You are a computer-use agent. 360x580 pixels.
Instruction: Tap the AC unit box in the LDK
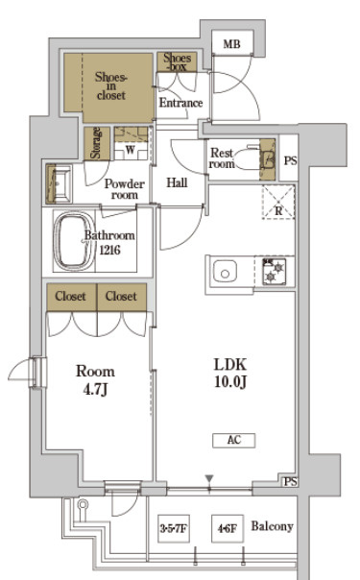[x=233, y=440]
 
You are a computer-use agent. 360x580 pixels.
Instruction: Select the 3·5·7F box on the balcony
[x=174, y=528]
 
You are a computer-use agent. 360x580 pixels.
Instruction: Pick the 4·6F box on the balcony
[x=228, y=528]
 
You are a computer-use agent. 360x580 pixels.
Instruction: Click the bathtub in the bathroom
[x=74, y=241]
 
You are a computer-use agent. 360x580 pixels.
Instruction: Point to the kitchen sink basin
[x=225, y=273]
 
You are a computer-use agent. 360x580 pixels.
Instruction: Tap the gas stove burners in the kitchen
[x=274, y=272]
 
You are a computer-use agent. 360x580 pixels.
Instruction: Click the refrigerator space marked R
[x=278, y=203]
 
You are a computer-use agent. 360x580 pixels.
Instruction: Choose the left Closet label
[x=71, y=297]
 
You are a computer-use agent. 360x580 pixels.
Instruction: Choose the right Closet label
[x=121, y=297]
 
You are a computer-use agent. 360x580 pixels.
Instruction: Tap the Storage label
[x=96, y=143]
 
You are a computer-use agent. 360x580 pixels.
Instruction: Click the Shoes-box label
[x=177, y=61]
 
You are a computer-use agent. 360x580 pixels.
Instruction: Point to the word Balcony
[x=273, y=526]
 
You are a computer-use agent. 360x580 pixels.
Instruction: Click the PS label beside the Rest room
[x=291, y=161]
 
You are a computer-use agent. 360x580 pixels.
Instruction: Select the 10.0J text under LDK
[x=230, y=382]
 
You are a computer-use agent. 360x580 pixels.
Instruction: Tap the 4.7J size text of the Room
[x=95, y=390]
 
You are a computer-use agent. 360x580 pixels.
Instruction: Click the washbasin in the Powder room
[x=59, y=183]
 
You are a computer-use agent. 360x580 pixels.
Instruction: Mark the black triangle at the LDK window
[x=209, y=479]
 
